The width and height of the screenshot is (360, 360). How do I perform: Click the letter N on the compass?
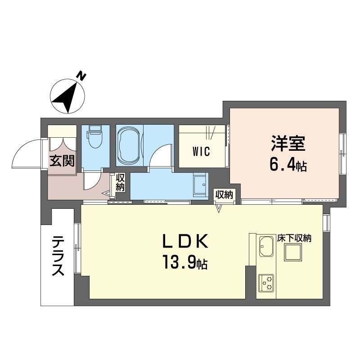click(81, 76)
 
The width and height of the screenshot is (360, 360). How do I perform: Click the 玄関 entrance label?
click(62, 161)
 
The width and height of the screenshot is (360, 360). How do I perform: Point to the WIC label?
click(201, 152)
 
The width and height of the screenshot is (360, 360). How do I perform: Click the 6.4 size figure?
click(282, 165)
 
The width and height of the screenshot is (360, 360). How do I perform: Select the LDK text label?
click(185, 241)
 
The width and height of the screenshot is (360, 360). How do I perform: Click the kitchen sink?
click(266, 246)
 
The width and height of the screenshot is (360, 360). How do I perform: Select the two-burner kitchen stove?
click(266, 283)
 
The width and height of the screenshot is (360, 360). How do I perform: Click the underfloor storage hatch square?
click(293, 252)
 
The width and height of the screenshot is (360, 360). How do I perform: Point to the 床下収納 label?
click(294, 238)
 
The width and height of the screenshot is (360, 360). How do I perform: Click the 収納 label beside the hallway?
click(120, 183)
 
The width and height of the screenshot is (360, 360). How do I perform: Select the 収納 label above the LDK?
click(224, 195)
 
